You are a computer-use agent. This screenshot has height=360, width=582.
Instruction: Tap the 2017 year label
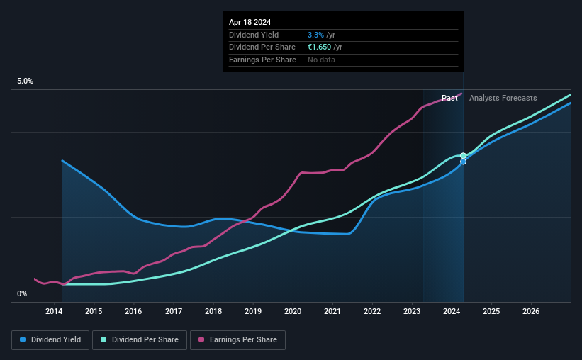(174, 312)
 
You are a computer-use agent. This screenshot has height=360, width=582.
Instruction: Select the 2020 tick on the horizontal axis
(293, 312)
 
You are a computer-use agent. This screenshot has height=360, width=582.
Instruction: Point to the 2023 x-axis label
(413, 312)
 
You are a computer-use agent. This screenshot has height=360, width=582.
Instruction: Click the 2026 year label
(532, 312)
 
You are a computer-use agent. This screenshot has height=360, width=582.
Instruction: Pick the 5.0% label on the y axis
(26, 81)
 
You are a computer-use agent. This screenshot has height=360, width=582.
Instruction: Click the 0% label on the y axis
(22, 294)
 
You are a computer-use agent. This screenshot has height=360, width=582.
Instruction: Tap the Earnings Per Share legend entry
(237, 340)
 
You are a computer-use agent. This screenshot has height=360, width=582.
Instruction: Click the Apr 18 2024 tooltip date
(250, 23)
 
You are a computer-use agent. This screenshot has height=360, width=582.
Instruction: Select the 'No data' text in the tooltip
(321, 60)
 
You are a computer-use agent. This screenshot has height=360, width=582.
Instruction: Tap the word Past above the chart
(449, 98)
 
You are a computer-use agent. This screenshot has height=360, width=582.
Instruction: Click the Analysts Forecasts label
(503, 98)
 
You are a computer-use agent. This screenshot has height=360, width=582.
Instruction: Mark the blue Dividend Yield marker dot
(463, 162)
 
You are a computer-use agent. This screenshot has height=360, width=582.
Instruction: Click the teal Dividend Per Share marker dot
(463, 156)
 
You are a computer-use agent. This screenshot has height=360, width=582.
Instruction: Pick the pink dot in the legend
(202, 340)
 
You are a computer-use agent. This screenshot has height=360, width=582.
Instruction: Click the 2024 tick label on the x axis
(452, 312)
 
